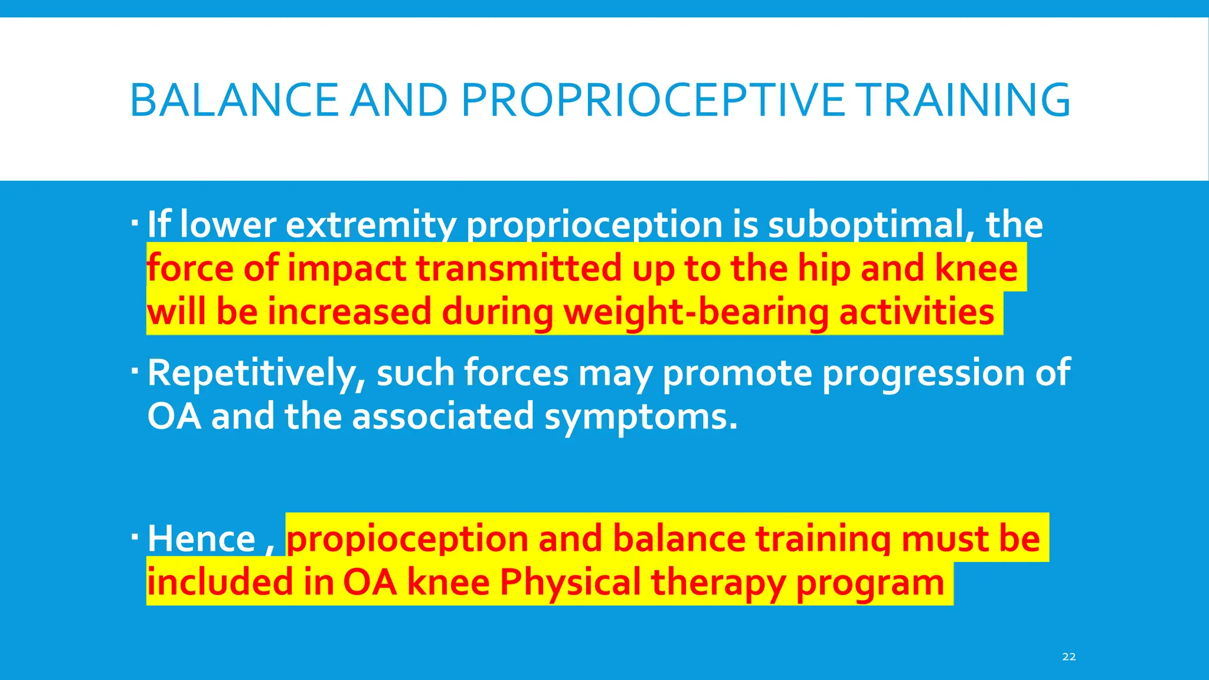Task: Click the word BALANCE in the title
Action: point(234,100)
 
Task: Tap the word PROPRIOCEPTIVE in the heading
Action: point(653,100)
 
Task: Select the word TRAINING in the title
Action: point(963,100)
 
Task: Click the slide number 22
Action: point(1069,657)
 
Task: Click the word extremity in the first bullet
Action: point(371,225)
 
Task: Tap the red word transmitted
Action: point(519,269)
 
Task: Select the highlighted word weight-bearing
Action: point(697,312)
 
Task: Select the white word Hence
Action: point(201,539)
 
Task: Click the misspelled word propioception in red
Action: point(407,539)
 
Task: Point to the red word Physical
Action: point(570,583)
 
